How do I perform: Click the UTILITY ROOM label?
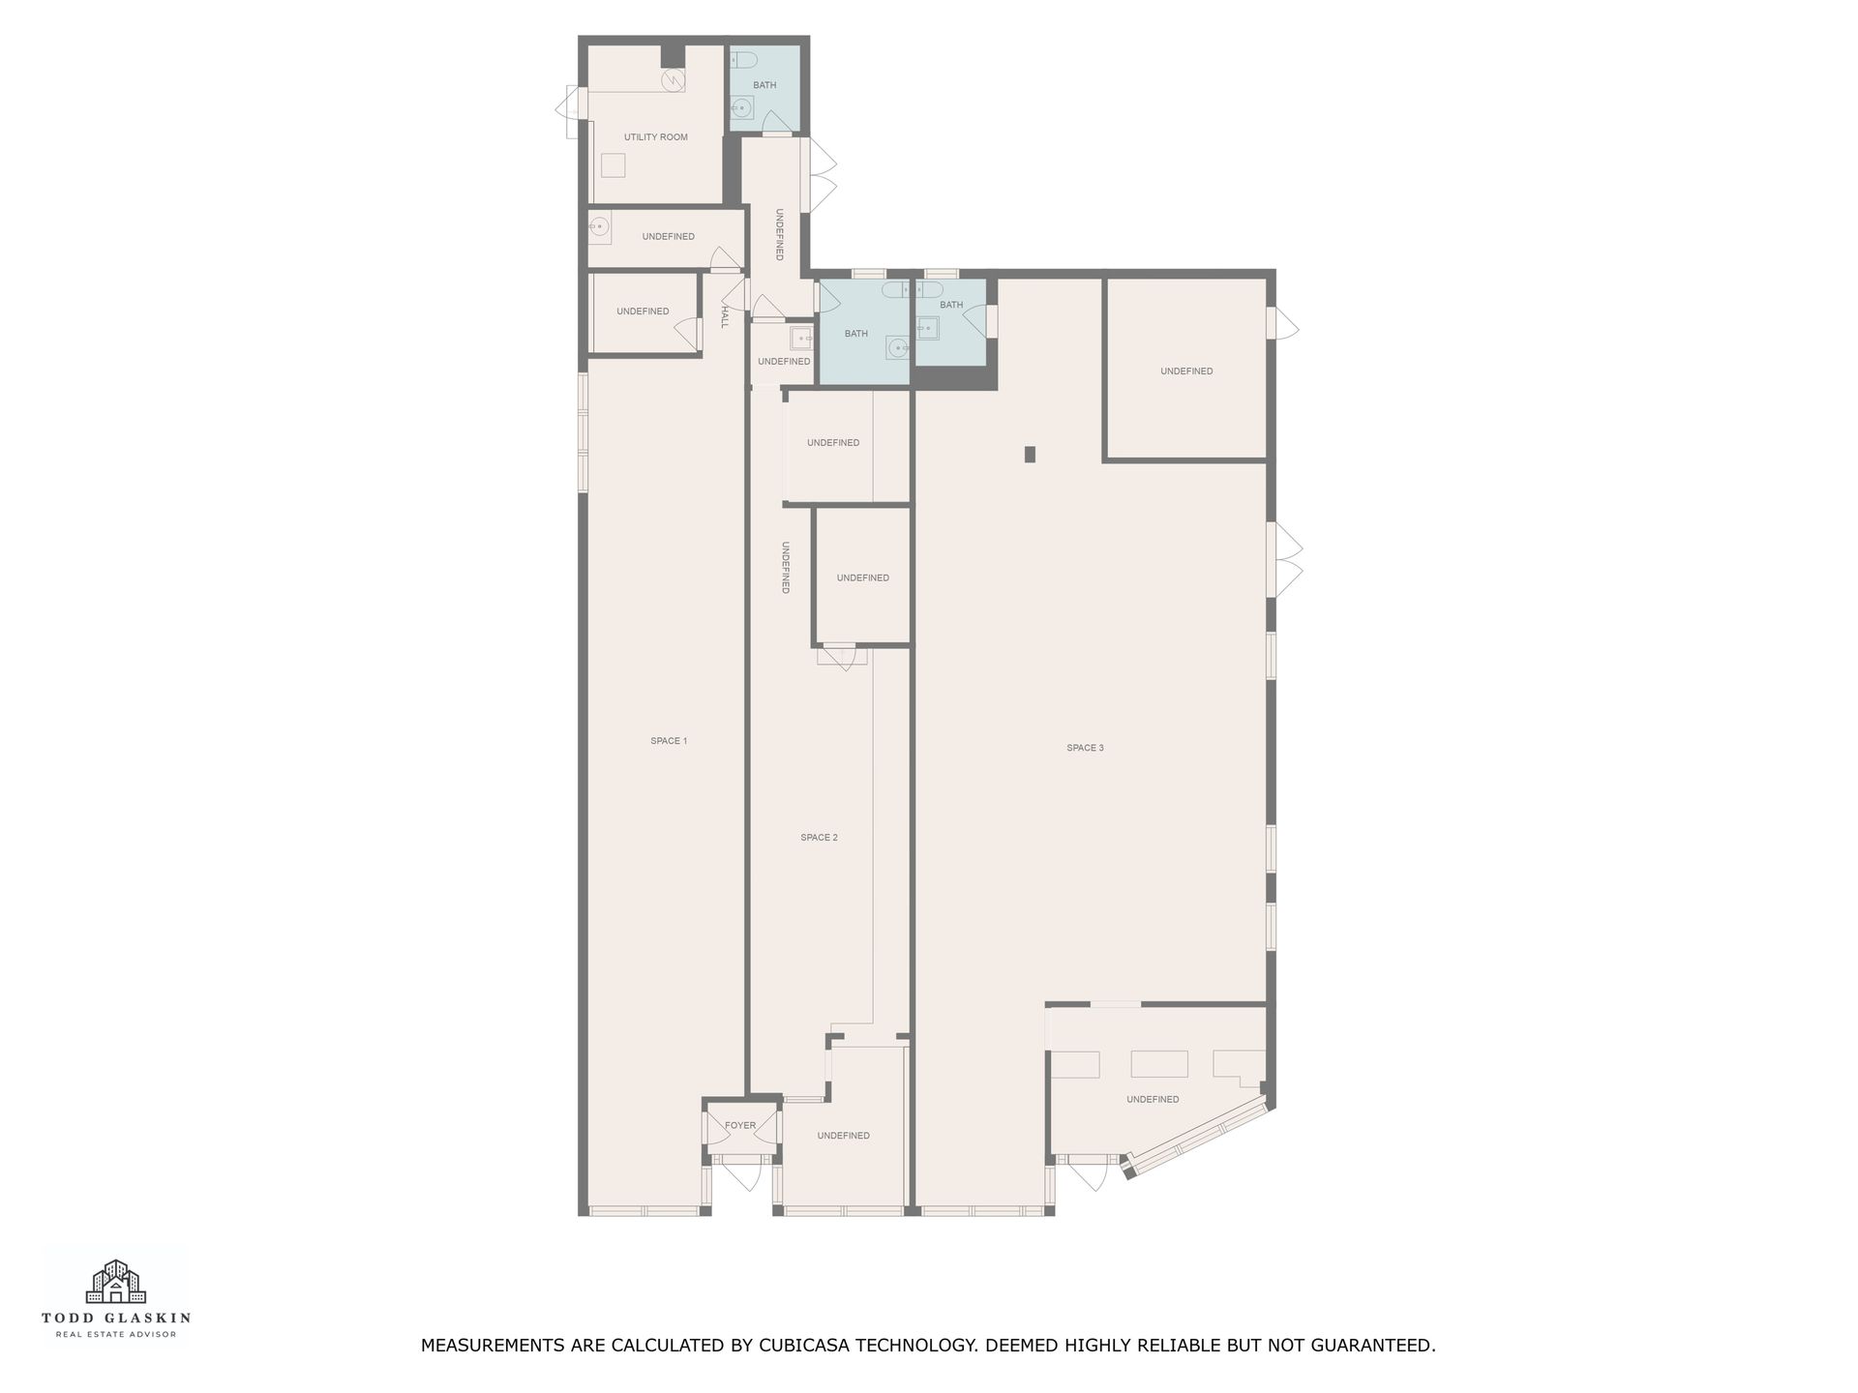[x=655, y=137]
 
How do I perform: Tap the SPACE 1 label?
[x=669, y=741]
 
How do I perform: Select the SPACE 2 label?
[x=819, y=838]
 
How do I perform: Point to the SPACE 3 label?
[x=1085, y=748]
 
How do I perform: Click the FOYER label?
[x=740, y=1125]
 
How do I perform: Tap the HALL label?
[x=724, y=316]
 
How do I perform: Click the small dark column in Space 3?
[x=1030, y=454]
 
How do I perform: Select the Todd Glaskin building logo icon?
[x=115, y=1282]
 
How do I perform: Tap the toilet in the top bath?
[x=743, y=61]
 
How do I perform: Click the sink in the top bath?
[x=741, y=108]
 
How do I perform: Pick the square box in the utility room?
[x=613, y=165]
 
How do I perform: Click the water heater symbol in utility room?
[x=674, y=80]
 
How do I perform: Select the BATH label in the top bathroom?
[x=764, y=85]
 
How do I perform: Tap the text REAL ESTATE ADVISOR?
[x=116, y=1335]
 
